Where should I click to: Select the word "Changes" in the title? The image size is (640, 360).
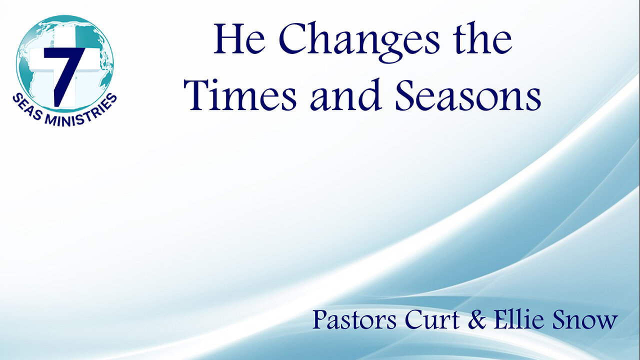click(x=358, y=40)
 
